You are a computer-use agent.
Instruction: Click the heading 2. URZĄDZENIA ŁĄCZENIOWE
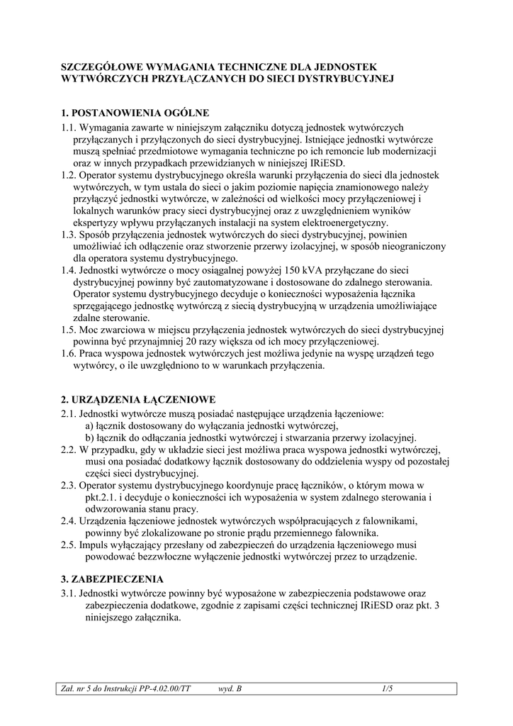[x=138, y=400]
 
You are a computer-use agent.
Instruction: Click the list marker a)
[x=89, y=425]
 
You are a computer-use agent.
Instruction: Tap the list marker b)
[x=89, y=437]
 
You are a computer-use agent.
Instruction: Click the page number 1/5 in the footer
[x=386, y=687]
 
